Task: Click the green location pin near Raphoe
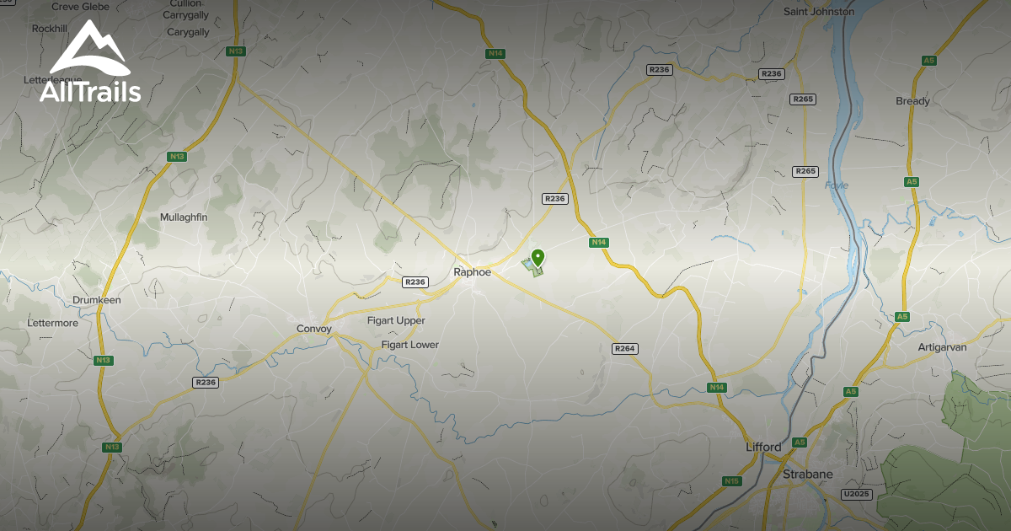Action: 538,258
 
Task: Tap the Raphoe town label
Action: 472,272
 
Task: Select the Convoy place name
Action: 314,329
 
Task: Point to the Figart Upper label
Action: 396,321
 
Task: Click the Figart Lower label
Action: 409,345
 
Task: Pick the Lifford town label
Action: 763,447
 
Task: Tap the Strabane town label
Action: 807,474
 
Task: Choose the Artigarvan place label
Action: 942,346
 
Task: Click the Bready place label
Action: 912,101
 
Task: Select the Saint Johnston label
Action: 818,12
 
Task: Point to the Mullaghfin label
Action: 184,217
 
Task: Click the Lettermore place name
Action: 52,323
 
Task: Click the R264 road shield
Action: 624,349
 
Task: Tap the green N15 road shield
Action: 731,481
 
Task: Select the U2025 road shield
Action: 856,494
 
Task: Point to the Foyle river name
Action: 836,185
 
